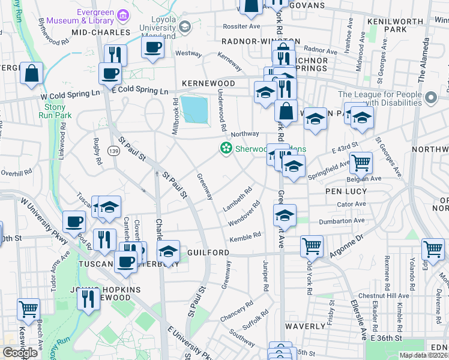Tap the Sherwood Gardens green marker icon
pyautogui.click(x=226, y=148)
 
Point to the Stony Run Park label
pyautogui.click(x=55, y=110)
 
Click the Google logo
pyautogui.click(x=20, y=352)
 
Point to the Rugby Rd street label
pyautogui.click(x=96, y=152)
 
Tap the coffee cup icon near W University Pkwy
pyautogui.click(x=74, y=222)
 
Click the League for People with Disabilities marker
pyautogui.click(x=430, y=97)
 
